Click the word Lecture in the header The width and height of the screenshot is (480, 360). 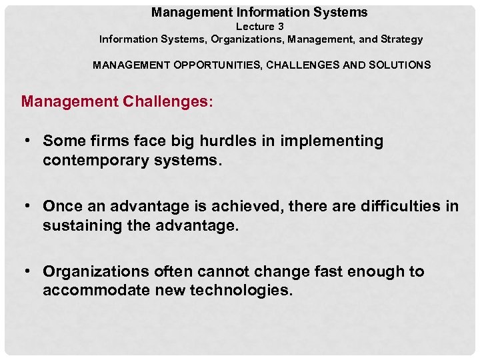coord(254,27)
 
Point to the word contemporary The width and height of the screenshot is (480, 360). coord(93,161)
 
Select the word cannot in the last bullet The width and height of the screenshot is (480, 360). coord(218,272)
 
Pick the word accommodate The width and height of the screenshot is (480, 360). coord(95,291)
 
